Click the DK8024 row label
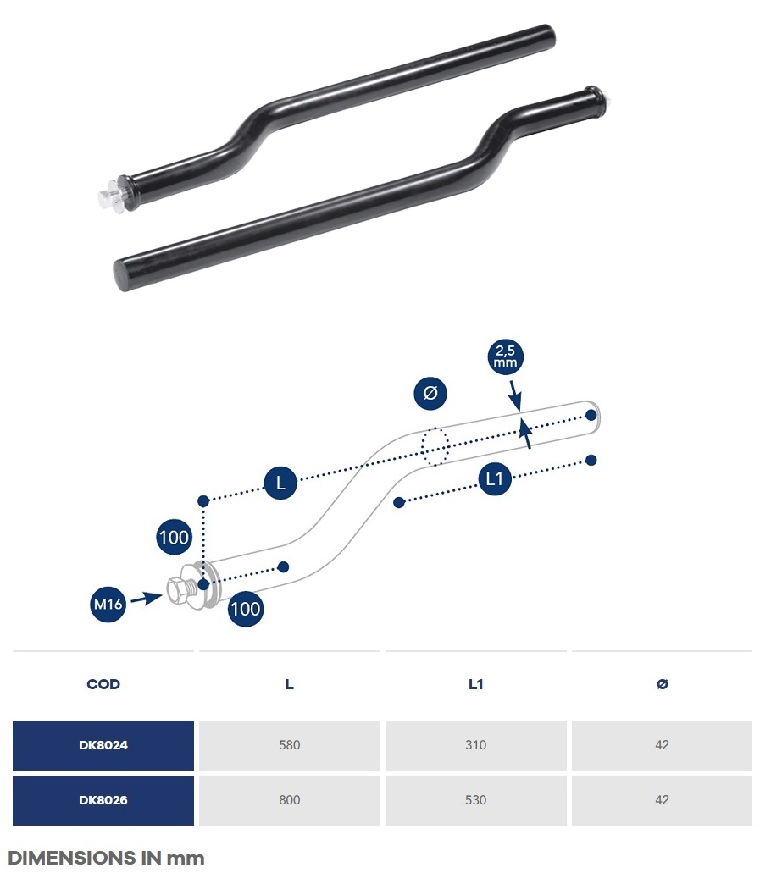pyautogui.click(x=103, y=745)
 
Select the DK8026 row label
pyautogui.click(x=103, y=800)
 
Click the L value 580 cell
pyautogui.click(x=290, y=745)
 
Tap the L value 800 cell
pyautogui.click(x=290, y=800)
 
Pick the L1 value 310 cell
pyautogui.click(x=476, y=745)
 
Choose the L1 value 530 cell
pyautogui.click(x=476, y=800)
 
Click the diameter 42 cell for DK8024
pyautogui.click(x=662, y=745)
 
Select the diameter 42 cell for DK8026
pyautogui.click(x=662, y=800)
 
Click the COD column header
pyautogui.click(x=103, y=684)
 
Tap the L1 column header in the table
pyautogui.click(x=476, y=684)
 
